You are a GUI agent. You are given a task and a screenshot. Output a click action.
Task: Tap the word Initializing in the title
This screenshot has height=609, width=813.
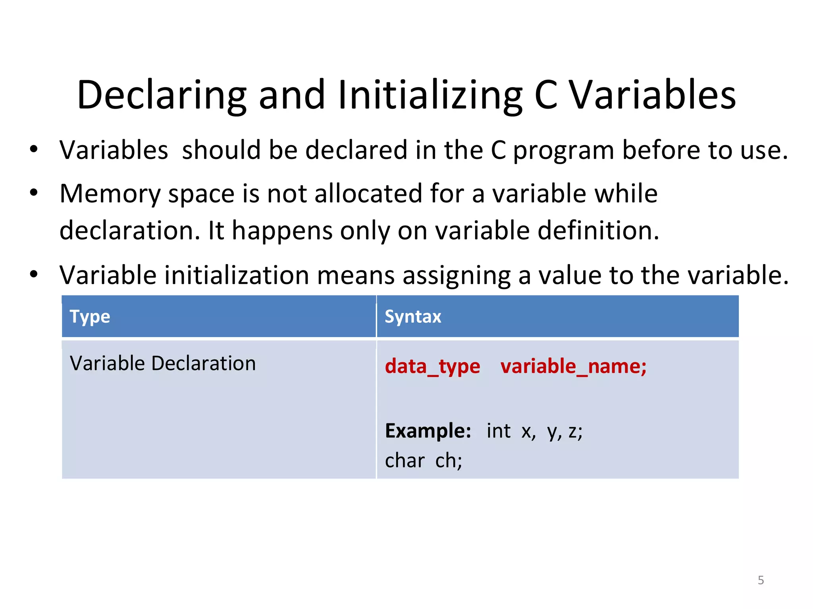pyautogui.click(x=430, y=95)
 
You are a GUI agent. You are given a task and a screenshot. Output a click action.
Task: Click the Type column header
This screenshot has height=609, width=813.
pyautogui.click(x=90, y=317)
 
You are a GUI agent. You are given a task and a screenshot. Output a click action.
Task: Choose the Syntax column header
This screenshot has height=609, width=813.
pyautogui.click(x=413, y=317)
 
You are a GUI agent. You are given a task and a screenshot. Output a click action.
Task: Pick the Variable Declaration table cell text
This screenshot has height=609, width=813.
pyautogui.click(x=163, y=363)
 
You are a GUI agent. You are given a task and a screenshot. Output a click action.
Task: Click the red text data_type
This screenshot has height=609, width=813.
pyautogui.click(x=432, y=366)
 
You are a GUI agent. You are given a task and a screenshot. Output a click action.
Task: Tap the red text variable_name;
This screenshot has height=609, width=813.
pyautogui.click(x=573, y=366)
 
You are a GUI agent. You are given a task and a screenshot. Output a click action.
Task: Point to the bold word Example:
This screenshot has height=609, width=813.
pyautogui.click(x=428, y=431)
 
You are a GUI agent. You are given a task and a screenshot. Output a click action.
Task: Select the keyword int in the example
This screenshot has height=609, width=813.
pyautogui.click(x=499, y=431)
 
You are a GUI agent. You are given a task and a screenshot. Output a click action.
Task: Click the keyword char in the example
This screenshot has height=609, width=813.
pyautogui.click(x=405, y=461)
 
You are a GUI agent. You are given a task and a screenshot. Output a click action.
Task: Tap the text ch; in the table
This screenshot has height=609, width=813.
pyautogui.click(x=449, y=461)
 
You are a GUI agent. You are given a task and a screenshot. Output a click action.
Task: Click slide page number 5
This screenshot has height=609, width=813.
pyautogui.click(x=761, y=580)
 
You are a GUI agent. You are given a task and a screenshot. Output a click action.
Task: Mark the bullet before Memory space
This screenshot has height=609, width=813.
pyautogui.click(x=34, y=193)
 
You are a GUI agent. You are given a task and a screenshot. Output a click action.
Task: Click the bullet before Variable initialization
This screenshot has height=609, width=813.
pyautogui.click(x=34, y=274)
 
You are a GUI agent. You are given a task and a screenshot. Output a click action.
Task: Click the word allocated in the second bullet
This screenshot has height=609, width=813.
pyautogui.click(x=368, y=194)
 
